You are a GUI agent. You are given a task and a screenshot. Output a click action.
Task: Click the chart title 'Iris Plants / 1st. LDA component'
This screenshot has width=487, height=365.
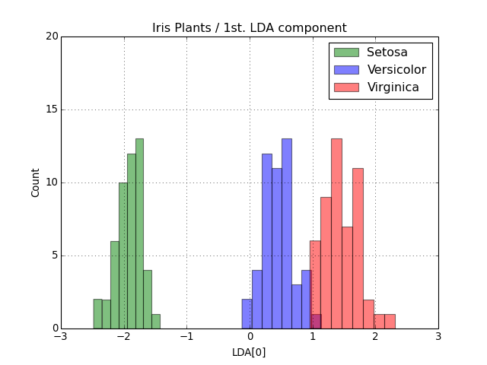click(x=249, y=28)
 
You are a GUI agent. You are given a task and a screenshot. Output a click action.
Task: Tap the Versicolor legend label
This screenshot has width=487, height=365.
click(x=396, y=70)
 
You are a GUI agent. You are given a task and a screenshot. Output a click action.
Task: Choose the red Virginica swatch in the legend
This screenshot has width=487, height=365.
click(x=345, y=87)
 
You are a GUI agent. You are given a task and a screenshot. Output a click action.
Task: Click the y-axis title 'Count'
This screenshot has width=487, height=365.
click(x=36, y=182)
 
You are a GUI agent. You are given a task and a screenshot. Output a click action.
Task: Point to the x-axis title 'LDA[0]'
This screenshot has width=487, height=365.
click(x=249, y=352)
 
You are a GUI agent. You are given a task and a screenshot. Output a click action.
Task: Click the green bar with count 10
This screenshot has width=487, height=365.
click(x=123, y=255)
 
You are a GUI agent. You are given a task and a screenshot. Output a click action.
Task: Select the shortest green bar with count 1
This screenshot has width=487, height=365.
click(x=155, y=321)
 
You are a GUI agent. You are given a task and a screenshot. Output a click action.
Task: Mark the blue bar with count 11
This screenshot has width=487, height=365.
click(x=276, y=248)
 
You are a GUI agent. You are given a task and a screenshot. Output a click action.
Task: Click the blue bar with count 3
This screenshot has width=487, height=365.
click(x=296, y=306)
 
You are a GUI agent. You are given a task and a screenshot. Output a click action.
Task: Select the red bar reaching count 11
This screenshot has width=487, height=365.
click(x=358, y=248)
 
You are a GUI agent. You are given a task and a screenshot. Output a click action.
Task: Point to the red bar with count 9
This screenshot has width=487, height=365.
click(x=326, y=262)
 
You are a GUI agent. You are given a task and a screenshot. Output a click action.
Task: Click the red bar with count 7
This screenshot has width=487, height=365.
click(x=347, y=278)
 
